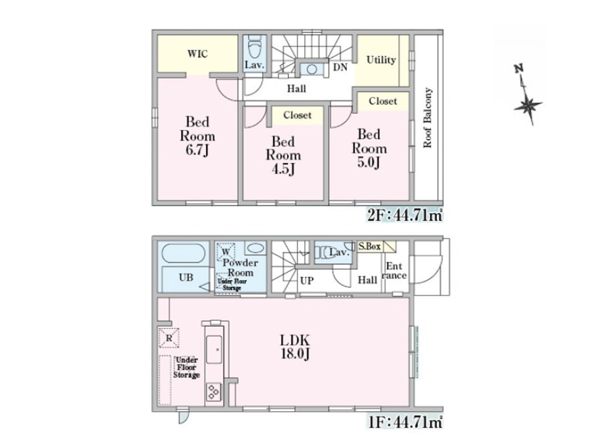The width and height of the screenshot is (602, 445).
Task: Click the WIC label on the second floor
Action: click(198, 53)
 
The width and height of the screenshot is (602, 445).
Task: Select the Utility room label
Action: click(381, 60)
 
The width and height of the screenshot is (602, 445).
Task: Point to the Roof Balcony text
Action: click(427, 118)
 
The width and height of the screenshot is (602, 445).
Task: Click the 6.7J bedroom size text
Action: click(197, 150)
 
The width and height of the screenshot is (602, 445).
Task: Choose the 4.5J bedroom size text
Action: click(283, 169)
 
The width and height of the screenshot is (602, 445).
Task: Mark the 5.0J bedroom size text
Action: click(369, 162)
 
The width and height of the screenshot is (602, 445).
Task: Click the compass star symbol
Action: click(528, 106)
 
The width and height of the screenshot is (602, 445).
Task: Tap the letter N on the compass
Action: click(518, 69)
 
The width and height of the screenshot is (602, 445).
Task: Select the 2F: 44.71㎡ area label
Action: click(405, 216)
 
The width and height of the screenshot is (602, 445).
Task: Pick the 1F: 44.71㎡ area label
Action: click(405, 423)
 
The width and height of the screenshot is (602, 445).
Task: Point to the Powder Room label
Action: click(240, 268)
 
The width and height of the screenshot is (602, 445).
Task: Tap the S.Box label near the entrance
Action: click(369, 247)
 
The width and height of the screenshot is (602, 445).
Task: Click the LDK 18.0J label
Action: click(295, 347)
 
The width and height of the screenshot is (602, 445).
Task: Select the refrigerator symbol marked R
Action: click(169, 338)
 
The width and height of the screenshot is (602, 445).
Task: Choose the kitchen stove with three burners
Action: click(213, 392)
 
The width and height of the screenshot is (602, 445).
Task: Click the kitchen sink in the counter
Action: click(214, 349)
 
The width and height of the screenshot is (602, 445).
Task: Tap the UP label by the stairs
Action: click(306, 281)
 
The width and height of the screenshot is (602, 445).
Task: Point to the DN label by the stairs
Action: click(340, 67)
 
